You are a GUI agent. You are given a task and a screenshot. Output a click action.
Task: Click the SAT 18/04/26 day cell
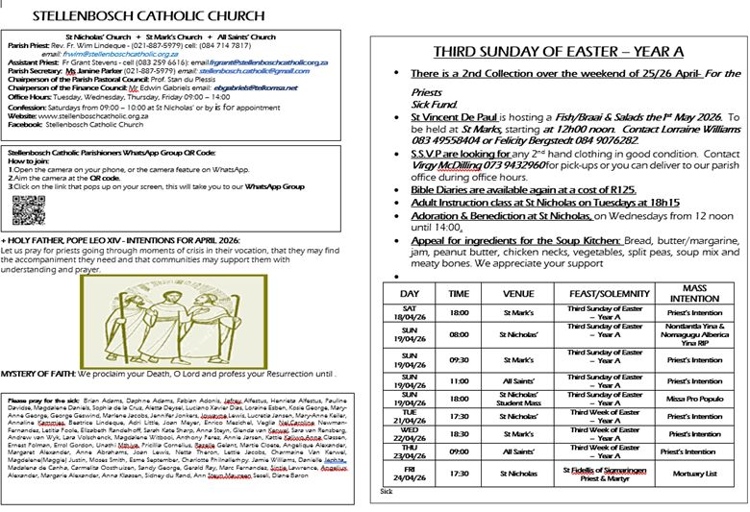pos(410,312)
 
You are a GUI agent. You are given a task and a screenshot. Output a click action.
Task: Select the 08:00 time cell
pos(460,334)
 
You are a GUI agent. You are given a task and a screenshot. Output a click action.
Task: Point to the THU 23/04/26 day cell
pos(410,451)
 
